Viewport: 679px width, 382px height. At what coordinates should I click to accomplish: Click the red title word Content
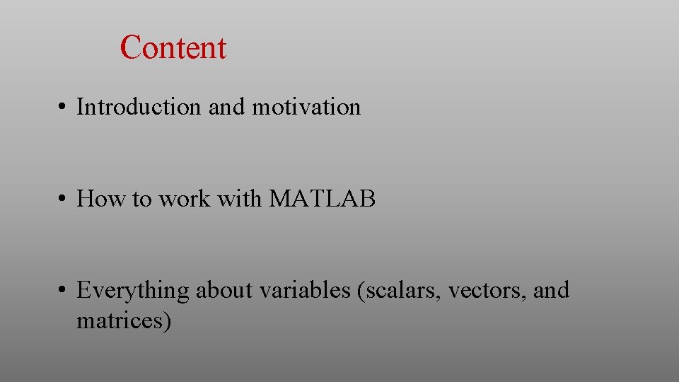173,48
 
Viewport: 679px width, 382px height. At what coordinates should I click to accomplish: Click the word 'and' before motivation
226,107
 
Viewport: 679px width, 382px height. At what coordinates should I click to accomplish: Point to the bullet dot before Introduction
63,108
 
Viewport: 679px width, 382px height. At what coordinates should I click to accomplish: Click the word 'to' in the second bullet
141,199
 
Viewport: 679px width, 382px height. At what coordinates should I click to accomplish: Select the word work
184,199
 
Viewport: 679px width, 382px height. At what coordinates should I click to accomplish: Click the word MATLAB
323,199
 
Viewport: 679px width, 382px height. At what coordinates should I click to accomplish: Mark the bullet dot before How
63,199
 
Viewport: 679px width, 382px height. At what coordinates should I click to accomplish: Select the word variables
308,291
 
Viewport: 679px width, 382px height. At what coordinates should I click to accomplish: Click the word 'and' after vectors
551,291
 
